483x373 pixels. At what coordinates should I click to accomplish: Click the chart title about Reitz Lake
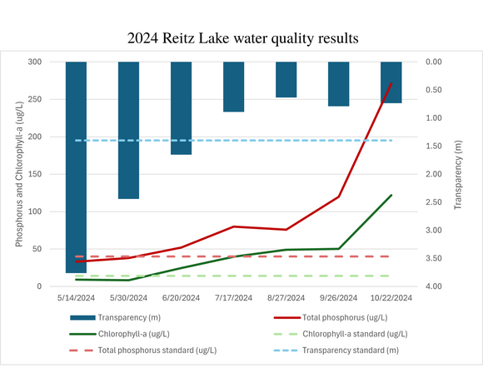click(242, 38)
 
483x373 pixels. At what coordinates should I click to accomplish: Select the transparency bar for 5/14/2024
click(76, 167)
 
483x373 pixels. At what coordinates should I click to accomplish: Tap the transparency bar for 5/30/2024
click(128, 130)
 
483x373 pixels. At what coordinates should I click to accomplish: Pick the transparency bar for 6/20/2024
click(181, 108)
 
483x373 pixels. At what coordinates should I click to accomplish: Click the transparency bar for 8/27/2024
click(286, 79)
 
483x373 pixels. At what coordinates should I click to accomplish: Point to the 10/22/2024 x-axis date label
click(391, 297)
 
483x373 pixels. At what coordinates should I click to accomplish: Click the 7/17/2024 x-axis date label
click(233, 297)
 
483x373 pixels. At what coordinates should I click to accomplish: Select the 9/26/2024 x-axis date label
click(338, 297)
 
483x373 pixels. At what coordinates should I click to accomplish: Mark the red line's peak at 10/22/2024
click(391, 83)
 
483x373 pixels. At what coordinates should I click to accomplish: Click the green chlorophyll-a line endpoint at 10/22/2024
click(391, 195)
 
